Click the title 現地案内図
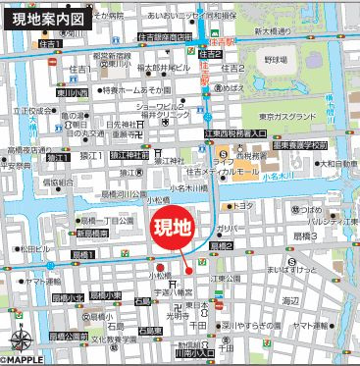(49, 19)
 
